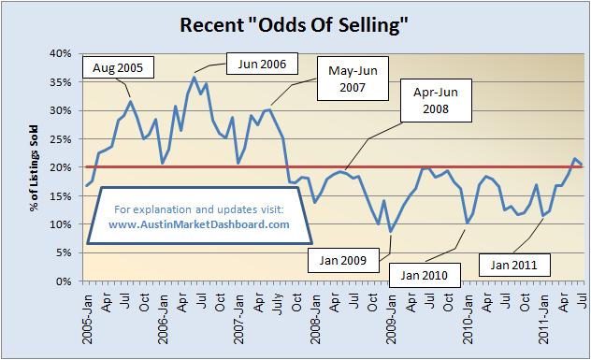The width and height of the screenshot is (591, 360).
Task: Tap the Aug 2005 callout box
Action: [x=120, y=67]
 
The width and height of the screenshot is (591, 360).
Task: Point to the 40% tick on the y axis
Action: [x=59, y=53]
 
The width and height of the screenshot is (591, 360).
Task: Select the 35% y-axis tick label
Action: [x=59, y=82]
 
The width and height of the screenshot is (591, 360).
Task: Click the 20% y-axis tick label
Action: [x=59, y=167]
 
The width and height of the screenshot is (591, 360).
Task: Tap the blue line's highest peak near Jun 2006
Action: [x=194, y=77]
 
